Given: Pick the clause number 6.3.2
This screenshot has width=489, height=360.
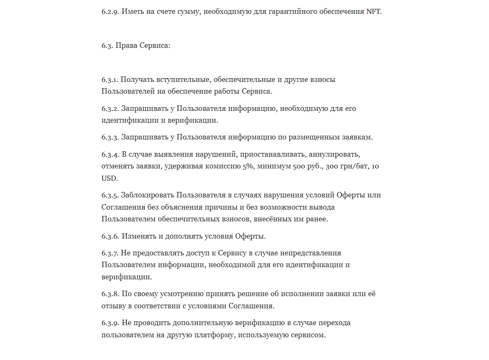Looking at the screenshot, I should point(110,108).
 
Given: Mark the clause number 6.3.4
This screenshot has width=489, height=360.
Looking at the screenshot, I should point(110,154).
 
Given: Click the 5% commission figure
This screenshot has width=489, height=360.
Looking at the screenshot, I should point(247,166).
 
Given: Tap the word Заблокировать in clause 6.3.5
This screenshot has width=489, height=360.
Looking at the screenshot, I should point(148,195).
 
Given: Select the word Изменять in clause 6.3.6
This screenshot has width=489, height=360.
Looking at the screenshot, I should point(138,236).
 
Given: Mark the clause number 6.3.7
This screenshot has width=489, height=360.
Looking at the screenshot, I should point(110,253).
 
